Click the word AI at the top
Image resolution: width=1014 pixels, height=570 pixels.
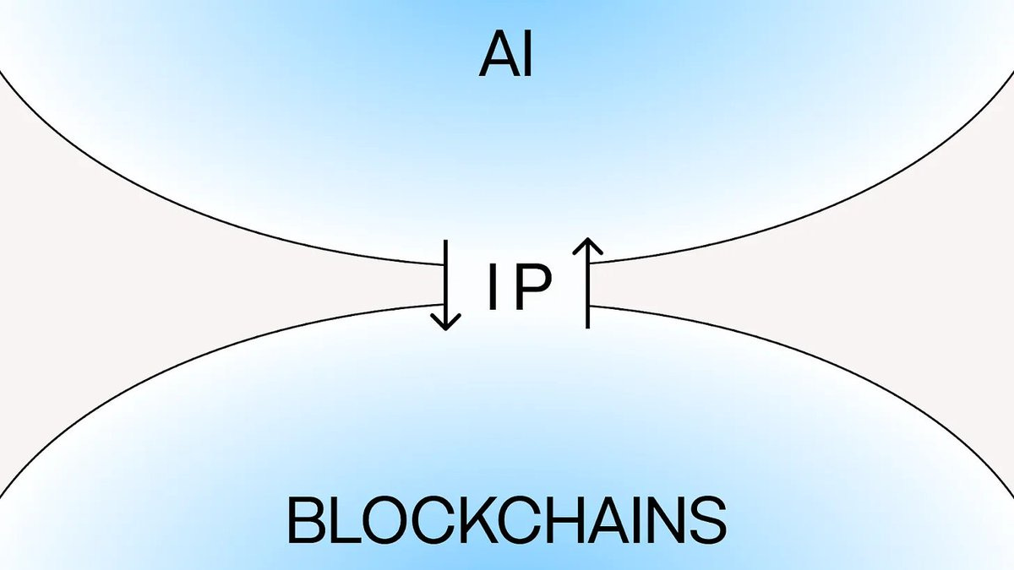pyautogui.click(x=507, y=58)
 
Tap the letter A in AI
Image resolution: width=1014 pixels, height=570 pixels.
pyautogui.click(x=498, y=58)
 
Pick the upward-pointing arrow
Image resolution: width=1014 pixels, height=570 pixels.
pyautogui.click(x=587, y=283)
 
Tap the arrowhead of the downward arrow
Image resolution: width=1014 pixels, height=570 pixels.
pyautogui.click(x=445, y=320)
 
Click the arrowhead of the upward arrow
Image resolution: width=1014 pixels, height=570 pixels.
pyautogui.click(x=587, y=246)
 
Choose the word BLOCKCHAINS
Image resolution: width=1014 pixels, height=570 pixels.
pyautogui.click(x=507, y=520)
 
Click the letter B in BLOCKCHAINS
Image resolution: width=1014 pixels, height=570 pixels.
pyautogui.click(x=306, y=520)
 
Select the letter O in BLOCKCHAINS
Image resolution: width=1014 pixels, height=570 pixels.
pyautogui.click(x=384, y=520)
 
